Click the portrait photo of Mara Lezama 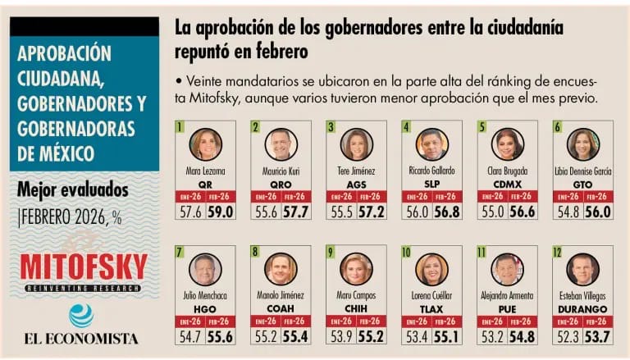[206, 144]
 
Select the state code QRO [281, 185]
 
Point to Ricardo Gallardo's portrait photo [431, 144]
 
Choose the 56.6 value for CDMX [523, 212]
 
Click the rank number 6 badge [557, 127]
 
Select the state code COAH [281, 309]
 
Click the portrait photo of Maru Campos [356, 268]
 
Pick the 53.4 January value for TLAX [417, 336]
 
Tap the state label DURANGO [582, 309]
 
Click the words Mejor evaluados [73, 190]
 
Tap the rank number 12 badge [559, 252]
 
